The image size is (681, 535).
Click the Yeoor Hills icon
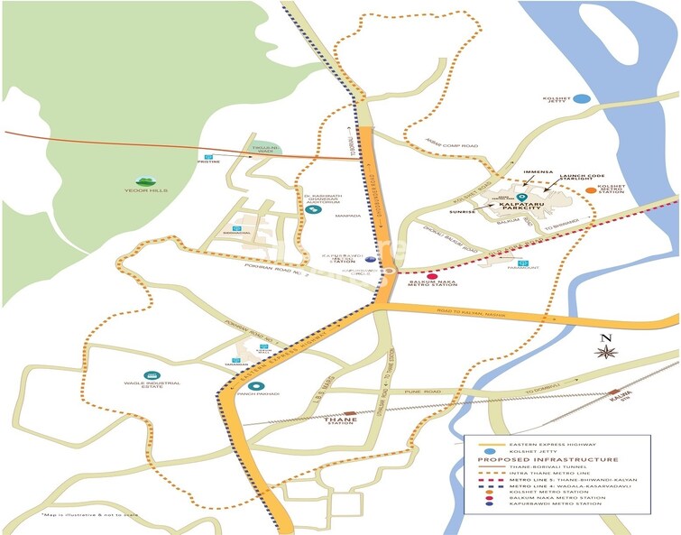142,182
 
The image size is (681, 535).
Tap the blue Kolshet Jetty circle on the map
582,98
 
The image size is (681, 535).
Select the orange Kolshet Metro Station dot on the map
590,190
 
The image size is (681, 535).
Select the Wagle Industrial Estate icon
150,375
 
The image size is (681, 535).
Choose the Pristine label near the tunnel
209,163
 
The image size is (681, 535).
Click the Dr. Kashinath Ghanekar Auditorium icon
313,210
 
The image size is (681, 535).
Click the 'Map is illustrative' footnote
77,514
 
